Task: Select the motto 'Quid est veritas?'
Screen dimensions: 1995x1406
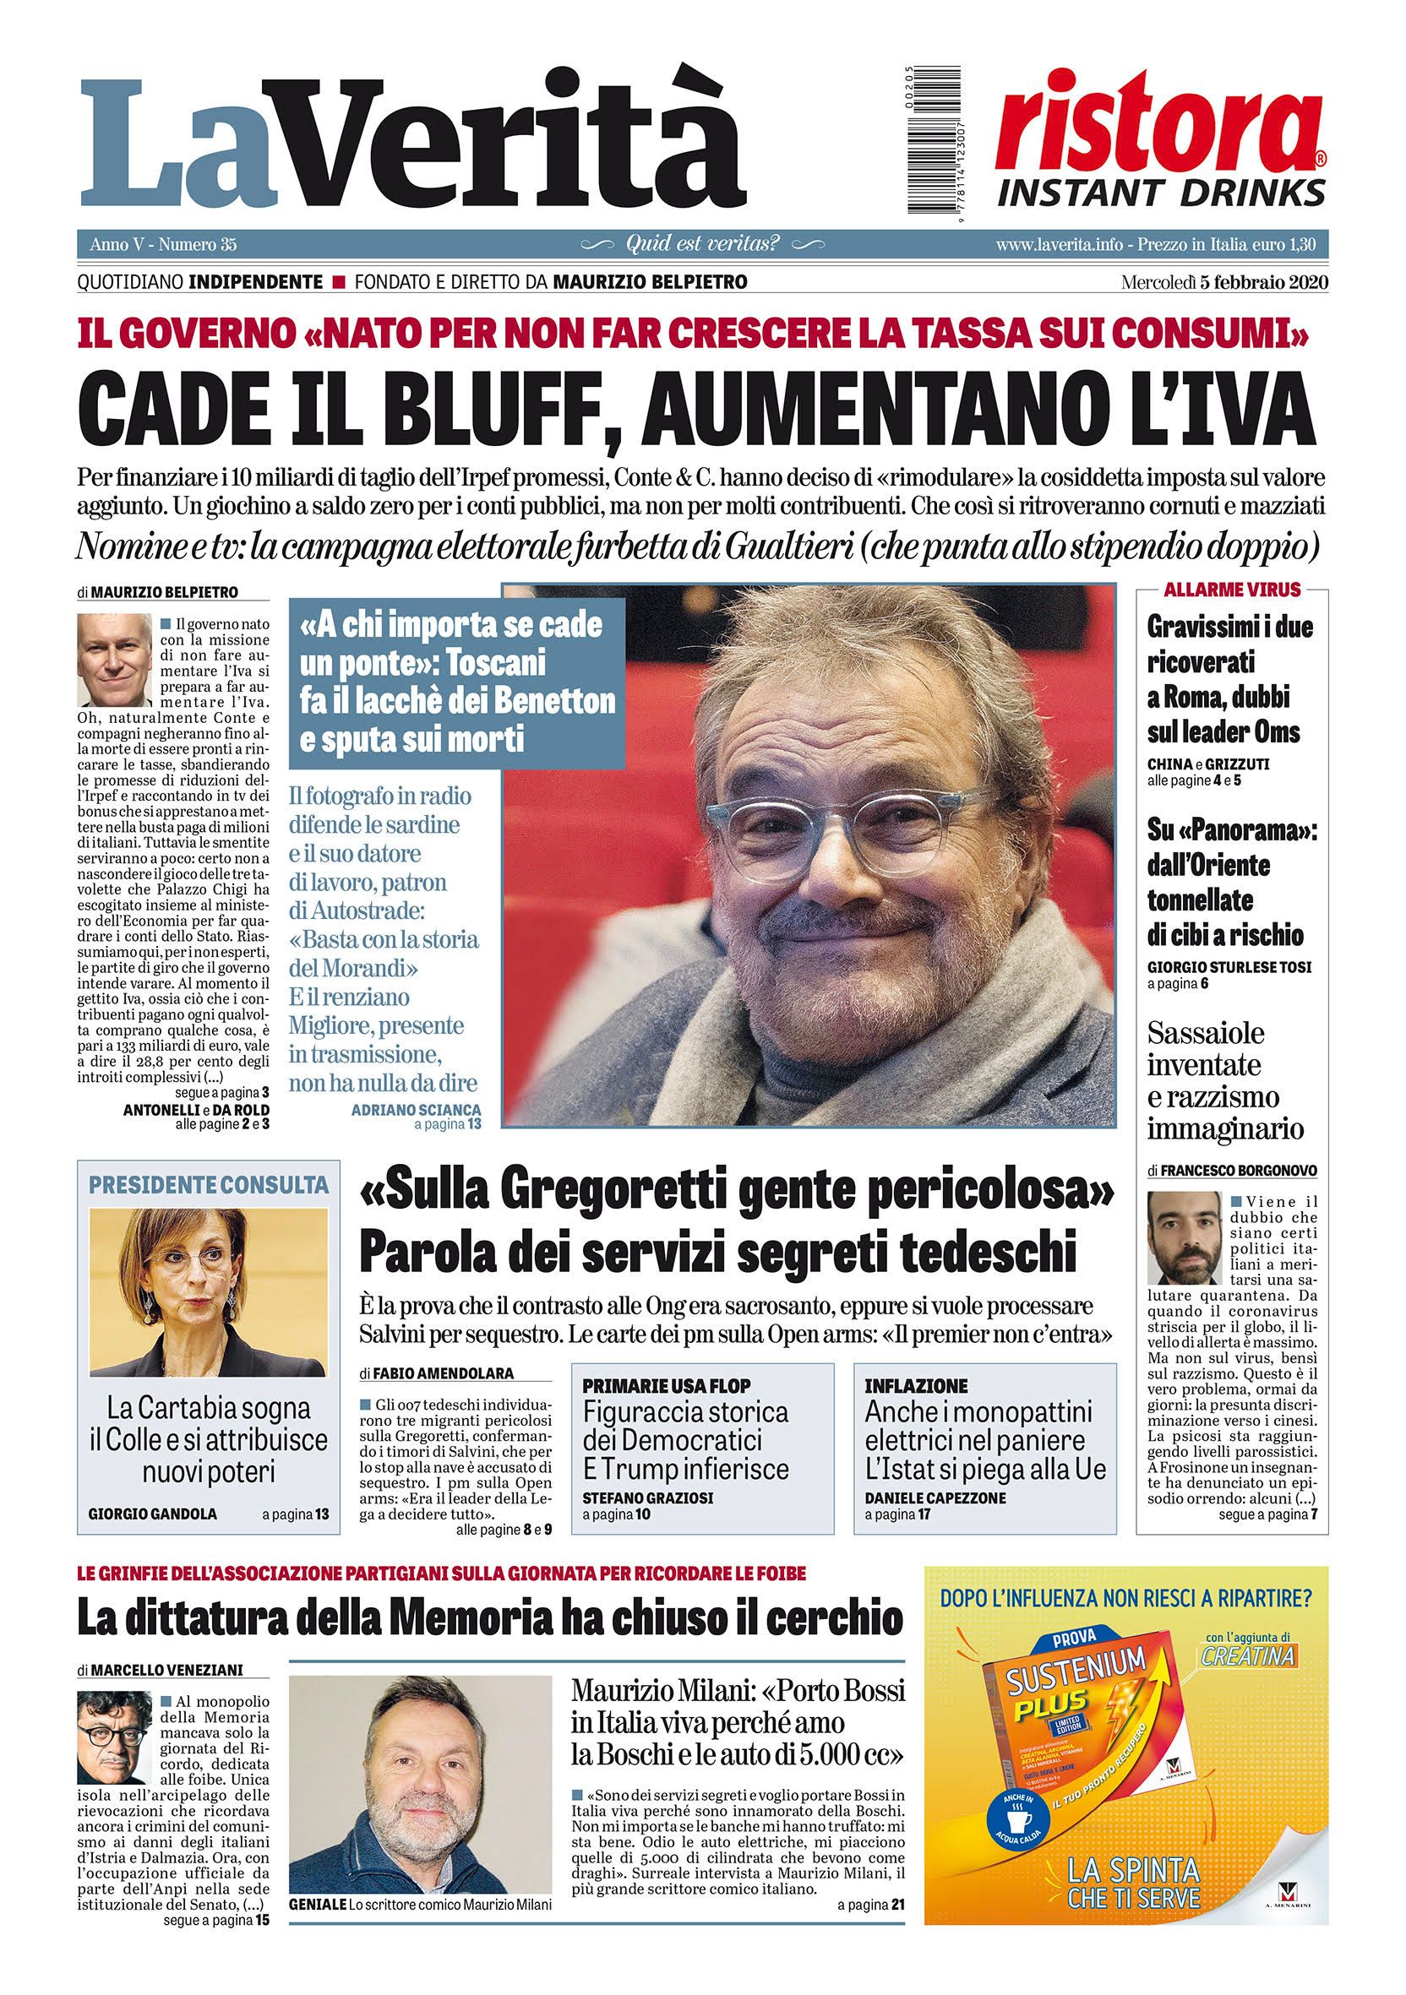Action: pos(702,245)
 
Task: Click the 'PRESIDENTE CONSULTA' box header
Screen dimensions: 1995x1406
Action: pos(210,1184)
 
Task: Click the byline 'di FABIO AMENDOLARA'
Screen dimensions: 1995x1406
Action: pos(435,1373)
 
